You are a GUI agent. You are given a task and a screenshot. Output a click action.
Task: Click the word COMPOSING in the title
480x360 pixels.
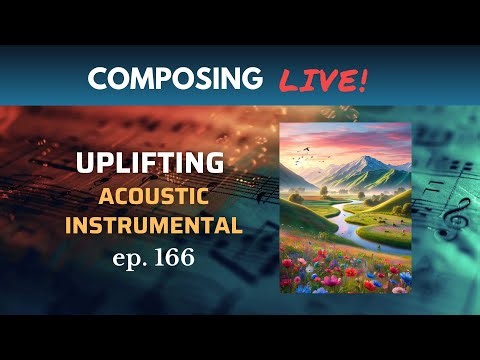175,77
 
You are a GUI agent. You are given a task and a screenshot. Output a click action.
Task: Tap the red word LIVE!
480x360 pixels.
323,77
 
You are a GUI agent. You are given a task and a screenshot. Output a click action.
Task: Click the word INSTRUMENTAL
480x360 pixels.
154,225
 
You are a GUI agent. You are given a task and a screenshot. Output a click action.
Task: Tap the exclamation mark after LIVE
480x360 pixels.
362,77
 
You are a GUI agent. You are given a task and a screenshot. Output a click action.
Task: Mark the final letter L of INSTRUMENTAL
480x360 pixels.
237,225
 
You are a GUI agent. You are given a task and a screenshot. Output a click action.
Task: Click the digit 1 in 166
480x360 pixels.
158,258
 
